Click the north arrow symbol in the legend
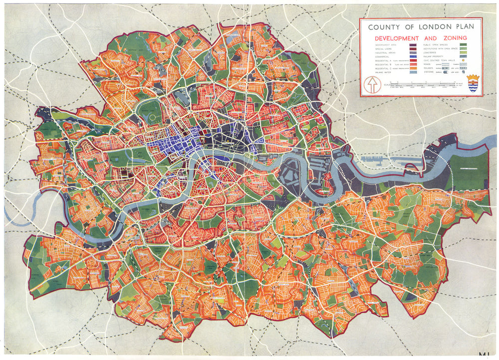(x=372, y=84)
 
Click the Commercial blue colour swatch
(x=413, y=56)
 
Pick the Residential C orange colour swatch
(x=413, y=68)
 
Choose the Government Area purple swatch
(x=413, y=45)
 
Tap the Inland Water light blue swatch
(x=413, y=72)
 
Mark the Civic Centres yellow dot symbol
(x=463, y=60)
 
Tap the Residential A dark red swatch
(x=413, y=60)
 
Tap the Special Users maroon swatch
(x=413, y=49)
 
